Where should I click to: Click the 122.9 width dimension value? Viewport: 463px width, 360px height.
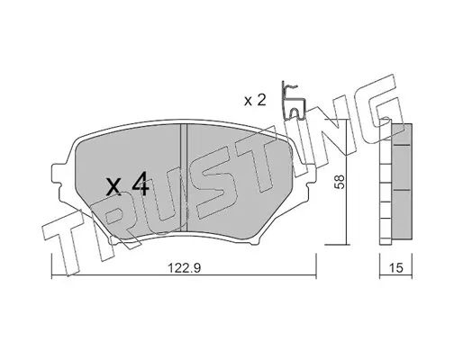[x=184, y=268]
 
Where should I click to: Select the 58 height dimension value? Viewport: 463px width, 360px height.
[x=340, y=182]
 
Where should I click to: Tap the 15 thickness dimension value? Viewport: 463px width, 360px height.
[x=396, y=268]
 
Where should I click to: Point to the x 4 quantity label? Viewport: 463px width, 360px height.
[x=128, y=184]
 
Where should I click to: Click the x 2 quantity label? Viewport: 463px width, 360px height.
[x=255, y=101]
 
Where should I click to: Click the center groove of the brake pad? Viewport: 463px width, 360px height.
[x=184, y=178]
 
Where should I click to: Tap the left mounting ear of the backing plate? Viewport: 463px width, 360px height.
[x=58, y=175]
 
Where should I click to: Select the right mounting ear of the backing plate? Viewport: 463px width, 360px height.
[x=310, y=175]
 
